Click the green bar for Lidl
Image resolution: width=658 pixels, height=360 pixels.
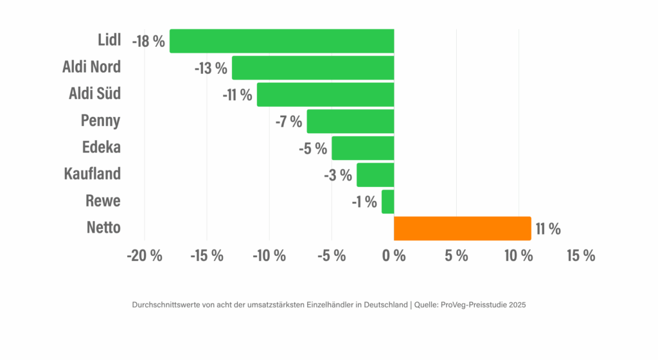(x=281, y=40)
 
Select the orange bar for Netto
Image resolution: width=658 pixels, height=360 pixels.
(x=462, y=228)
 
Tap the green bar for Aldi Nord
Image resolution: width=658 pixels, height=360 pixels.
(x=312, y=67)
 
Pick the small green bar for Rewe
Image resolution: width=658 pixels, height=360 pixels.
(x=387, y=201)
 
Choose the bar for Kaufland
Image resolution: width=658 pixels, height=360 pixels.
(x=375, y=175)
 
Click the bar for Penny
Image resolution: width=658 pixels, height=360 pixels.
(x=350, y=121)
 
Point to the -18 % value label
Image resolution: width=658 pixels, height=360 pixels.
(x=148, y=41)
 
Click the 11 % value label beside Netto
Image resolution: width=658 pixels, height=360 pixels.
(x=547, y=229)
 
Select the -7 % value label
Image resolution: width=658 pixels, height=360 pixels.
(x=289, y=122)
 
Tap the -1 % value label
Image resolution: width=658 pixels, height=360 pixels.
(x=364, y=202)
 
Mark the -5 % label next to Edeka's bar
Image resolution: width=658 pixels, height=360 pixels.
(x=313, y=148)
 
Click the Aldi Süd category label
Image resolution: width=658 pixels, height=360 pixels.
(x=94, y=94)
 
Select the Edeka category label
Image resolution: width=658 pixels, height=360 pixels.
(x=102, y=147)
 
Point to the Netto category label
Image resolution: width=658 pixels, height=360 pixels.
(x=103, y=228)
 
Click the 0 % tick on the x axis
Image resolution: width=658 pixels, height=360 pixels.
(x=394, y=256)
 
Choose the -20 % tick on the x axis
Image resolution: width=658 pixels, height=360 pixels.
(x=145, y=256)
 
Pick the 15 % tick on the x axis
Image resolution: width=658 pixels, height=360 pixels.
(x=580, y=256)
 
